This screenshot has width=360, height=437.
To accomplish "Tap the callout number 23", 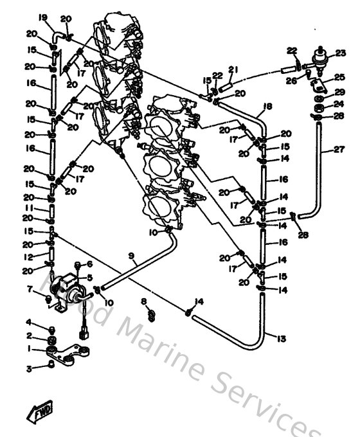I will point(341,53).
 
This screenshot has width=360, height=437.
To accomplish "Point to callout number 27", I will point(339,151).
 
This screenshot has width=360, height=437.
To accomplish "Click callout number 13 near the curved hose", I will point(282,338).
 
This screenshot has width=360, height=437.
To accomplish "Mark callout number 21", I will point(233,69).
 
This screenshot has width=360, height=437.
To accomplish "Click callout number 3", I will point(29,368).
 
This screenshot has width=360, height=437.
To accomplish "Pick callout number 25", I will point(341,77).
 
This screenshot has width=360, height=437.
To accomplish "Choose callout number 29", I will point(341,92).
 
